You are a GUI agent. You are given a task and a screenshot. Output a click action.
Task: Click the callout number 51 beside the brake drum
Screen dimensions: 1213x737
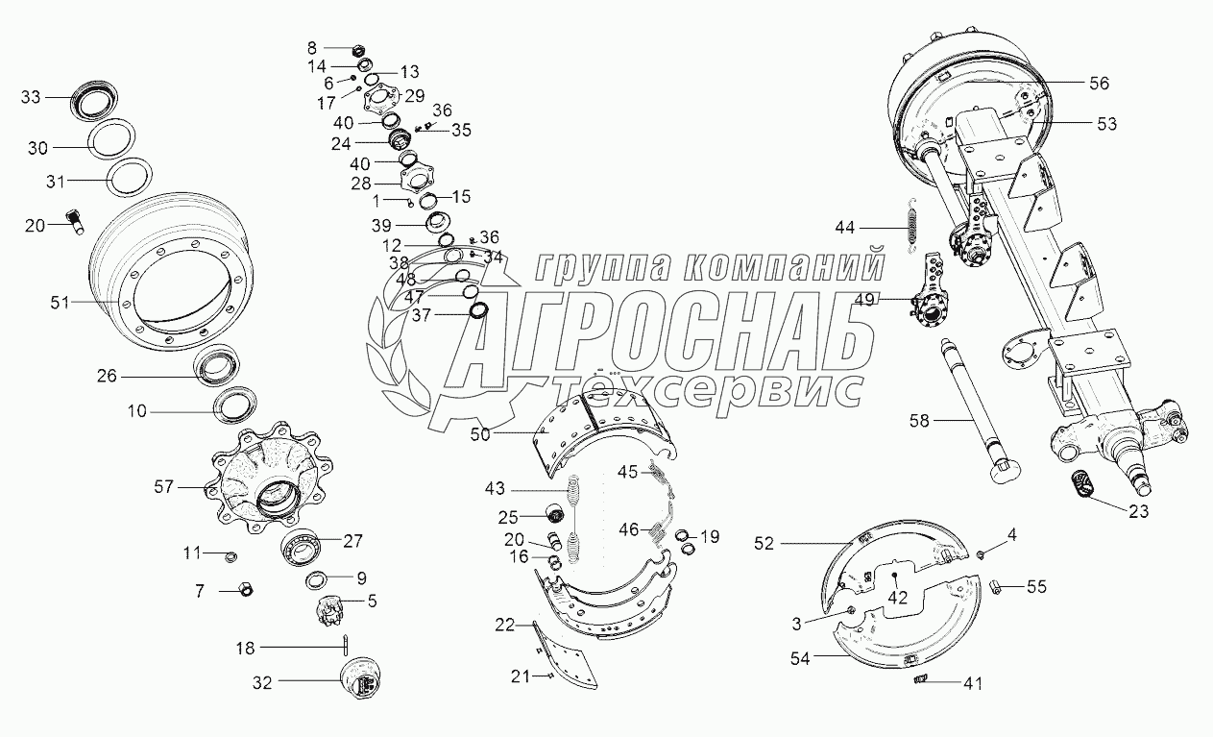coord(60,303)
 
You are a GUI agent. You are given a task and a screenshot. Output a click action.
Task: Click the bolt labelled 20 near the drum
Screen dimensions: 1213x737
coord(75,222)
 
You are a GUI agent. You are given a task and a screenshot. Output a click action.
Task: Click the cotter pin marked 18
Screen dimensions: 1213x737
coord(346,644)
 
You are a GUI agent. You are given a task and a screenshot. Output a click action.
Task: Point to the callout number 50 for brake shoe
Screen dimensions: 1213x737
coord(480,434)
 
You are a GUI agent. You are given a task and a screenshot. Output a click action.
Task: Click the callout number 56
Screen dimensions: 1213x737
coord(1100,84)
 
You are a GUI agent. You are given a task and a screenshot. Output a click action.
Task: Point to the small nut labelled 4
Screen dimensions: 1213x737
coord(981,554)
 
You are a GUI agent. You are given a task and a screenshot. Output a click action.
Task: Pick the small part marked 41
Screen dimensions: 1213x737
coord(921,678)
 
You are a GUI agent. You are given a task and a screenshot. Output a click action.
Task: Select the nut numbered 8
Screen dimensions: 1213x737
coord(358,50)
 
